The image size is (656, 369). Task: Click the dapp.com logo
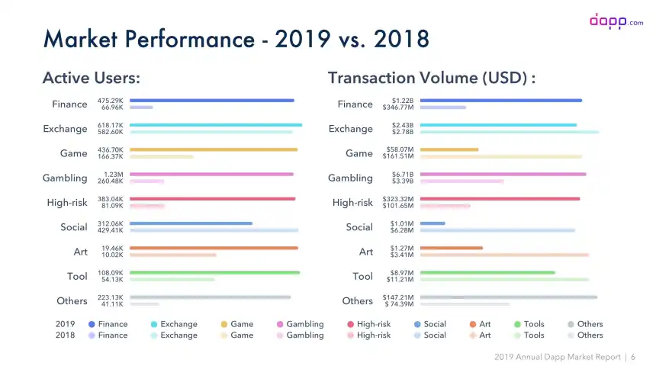(x=616, y=21)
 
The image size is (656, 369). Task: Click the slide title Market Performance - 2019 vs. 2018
(x=236, y=38)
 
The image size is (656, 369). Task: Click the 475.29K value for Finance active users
(x=111, y=101)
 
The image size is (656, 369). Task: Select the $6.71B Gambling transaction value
(x=403, y=175)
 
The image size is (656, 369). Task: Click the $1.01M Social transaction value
(x=403, y=223)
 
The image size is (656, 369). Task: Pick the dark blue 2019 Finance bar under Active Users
(x=212, y=101)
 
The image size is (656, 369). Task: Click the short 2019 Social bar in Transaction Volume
(x=433, y=223)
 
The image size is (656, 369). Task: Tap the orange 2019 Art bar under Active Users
(x=214, y=248)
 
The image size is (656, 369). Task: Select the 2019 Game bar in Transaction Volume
(x=449, y=149)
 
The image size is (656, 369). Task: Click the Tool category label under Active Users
(x=77, y=276)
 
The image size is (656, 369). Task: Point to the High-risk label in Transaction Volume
(x=352, y=203)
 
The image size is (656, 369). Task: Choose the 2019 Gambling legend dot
(x=280, y=324)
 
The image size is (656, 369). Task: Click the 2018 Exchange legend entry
(x=174, y=335)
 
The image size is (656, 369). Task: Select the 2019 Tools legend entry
(x=529, y=324)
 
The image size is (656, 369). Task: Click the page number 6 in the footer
(x=633, y=357)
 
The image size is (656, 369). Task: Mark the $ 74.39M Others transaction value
(x=399, y=304)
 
